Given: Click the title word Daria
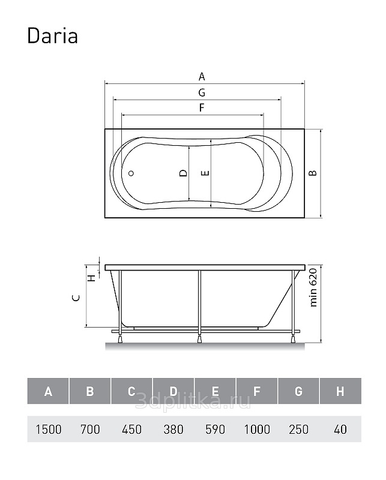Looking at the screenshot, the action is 52,36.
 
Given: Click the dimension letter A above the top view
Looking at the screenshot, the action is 202,77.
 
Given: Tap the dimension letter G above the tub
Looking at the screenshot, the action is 202,92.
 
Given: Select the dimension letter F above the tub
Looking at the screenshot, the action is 202,108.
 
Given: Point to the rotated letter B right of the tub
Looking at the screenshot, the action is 313,173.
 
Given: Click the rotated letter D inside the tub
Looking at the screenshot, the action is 183,173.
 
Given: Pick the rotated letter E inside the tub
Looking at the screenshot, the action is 205,173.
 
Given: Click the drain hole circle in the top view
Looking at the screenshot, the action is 131,173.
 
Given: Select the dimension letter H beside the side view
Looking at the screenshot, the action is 92,278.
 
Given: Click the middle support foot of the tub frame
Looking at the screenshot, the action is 200,338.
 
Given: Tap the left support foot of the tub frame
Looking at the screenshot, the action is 120,338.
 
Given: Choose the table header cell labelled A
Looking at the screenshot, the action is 48,391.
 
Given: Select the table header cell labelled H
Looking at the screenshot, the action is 340,391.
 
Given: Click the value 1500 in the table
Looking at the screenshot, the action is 49,429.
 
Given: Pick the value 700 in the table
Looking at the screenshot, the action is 90,429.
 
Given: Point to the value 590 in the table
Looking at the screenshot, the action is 216,429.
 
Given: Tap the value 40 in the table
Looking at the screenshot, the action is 340,429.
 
